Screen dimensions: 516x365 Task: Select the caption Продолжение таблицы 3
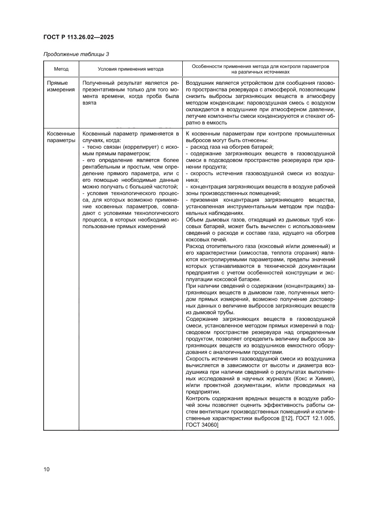(x=76, y=54)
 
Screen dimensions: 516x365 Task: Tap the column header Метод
(x=61, y=69)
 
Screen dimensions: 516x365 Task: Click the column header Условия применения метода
(x=130, y=69)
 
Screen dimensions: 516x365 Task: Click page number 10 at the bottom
(x=46, y=469)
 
